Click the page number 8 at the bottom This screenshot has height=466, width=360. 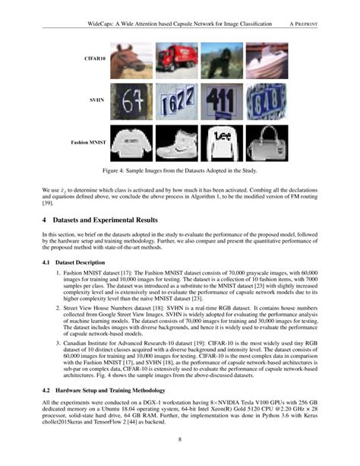pos(180,439)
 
